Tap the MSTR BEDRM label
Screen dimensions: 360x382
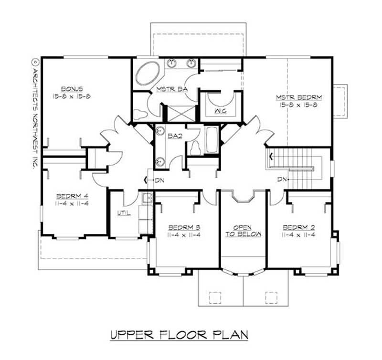(299, 97)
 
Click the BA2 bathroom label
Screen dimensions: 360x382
(173, 136)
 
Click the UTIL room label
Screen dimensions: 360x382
(123, 213)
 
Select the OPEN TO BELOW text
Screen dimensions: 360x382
(242, 230)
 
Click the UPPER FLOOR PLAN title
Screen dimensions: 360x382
(179, 335)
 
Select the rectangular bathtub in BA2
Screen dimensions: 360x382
(212, 139)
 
